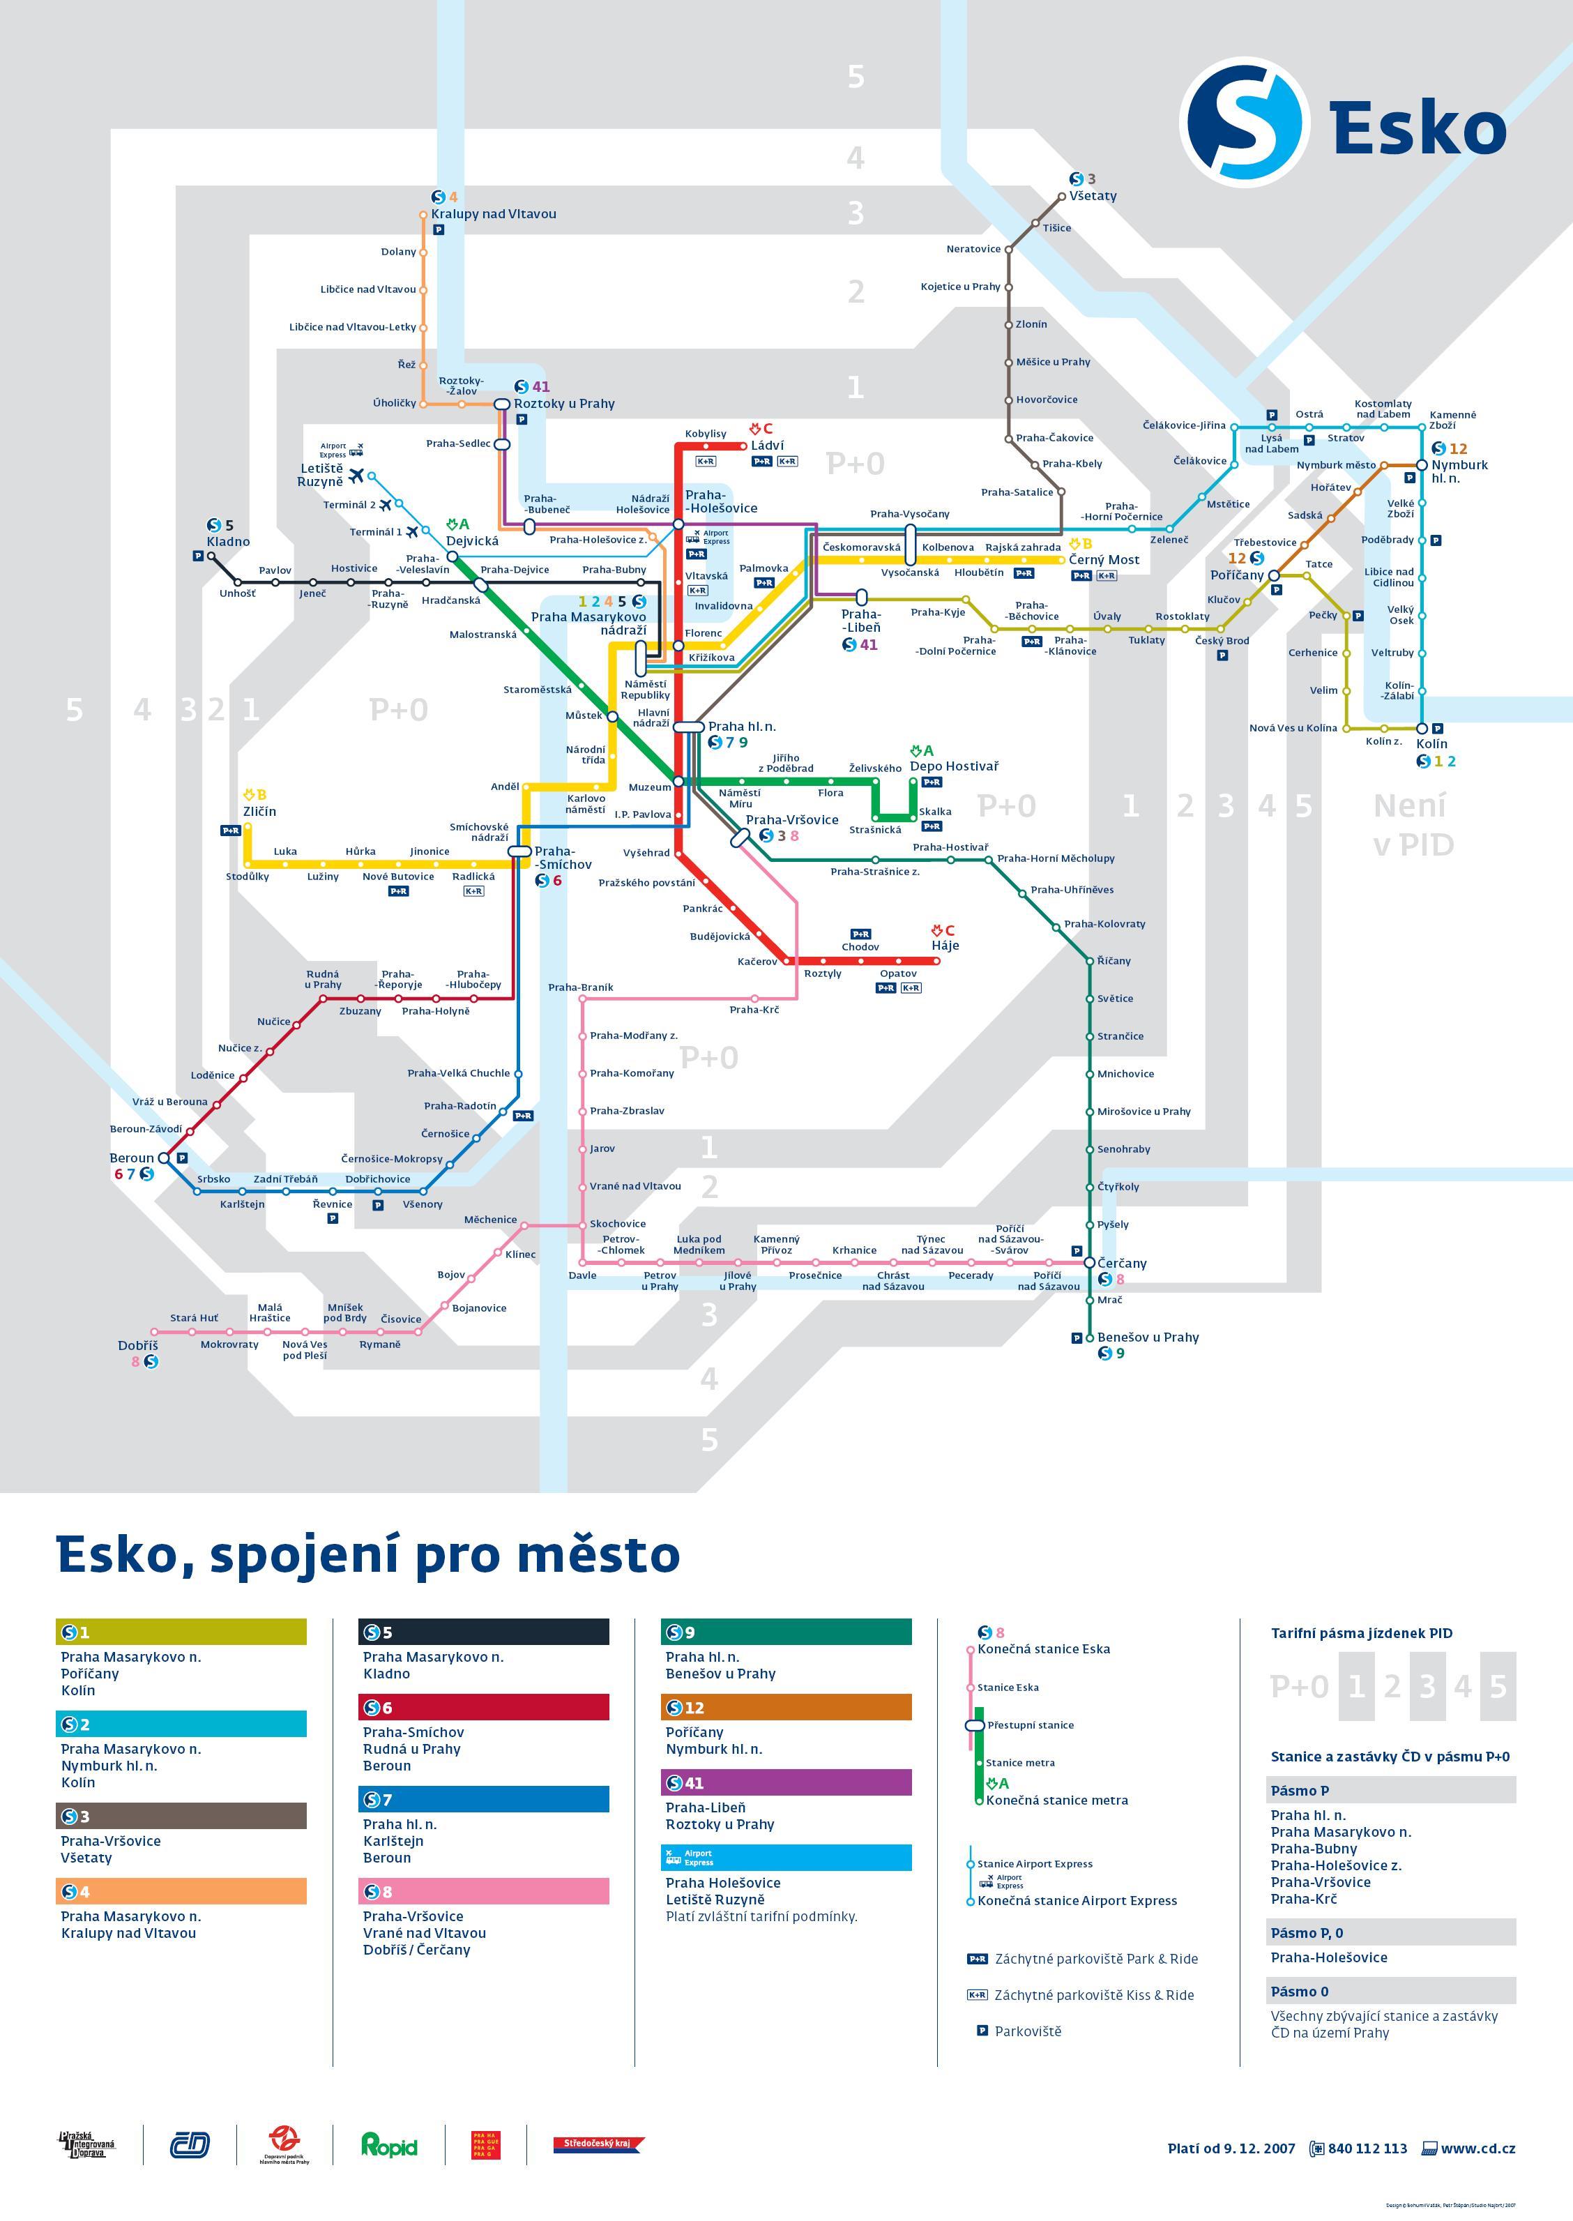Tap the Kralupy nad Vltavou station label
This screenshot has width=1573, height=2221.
click(493, 214)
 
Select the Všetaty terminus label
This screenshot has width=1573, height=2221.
click(1093, 196)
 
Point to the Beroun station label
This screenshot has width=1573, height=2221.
click(132, 1158)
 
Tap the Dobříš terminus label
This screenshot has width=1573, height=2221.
click(137, 1345)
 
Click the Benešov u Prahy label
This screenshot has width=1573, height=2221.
click(1148, 1337)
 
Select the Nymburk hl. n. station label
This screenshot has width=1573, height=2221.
click(1459, 471)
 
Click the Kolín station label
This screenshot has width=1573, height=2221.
click(1431, 744)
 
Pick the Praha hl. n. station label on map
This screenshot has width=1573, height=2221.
click(741, 727)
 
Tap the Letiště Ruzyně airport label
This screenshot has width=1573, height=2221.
click(321, 475)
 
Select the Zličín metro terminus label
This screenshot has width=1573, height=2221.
click(259, 811)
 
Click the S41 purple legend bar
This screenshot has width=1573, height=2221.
click(786, 1782)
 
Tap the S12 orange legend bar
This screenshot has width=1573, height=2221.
click(786, 1706)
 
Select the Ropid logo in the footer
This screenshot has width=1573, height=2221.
click(388, 2146)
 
